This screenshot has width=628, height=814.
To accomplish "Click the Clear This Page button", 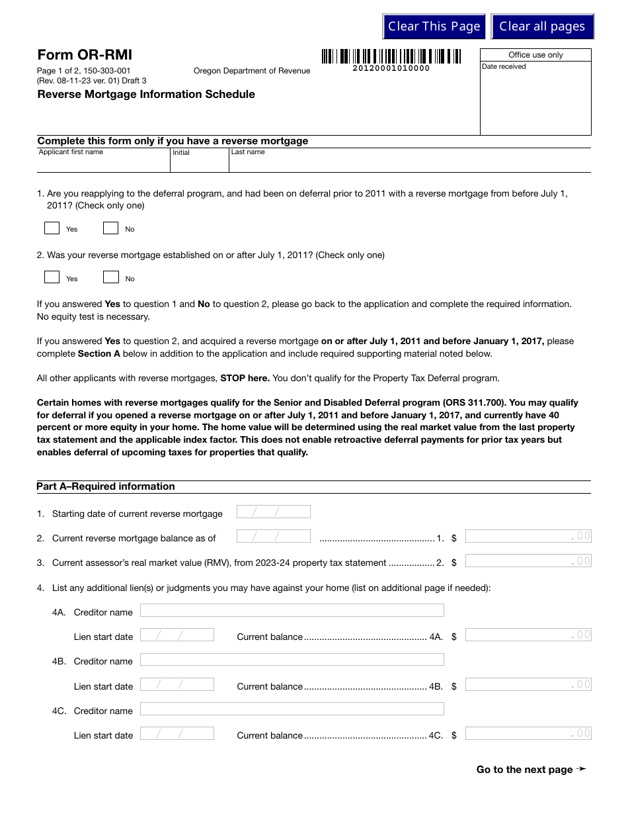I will pyautogui.click(x=434, y=26).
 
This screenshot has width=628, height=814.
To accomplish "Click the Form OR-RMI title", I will pyautogui.click(x=85, y=55).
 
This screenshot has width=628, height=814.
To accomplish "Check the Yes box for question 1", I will pyautogui.click(x=52, y=228).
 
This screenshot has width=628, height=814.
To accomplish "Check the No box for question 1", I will pyautogui.click(x=111, y=228).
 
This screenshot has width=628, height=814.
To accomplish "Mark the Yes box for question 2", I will pyautogui.click(x=52, y=278).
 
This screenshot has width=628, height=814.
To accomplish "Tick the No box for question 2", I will pyautogui.click(x=111, y=278).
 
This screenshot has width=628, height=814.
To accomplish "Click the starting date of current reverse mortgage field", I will pyautogui.click(x=273, y=512).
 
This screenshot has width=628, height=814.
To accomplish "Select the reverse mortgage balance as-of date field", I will pyautogui.click(x=273, y=537).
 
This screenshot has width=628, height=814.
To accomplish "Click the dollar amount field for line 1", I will pyautogui.click(x=528, y=537).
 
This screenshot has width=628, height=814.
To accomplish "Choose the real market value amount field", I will pyautogui.click(x=528, y=561).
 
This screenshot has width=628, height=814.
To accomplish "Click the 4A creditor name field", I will pyautogui.click(x=292, y=611).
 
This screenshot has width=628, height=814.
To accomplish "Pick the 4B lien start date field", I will pyautogui.click(x=177, y=684).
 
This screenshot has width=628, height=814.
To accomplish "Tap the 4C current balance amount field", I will pyautogui.click(x=528, y=733).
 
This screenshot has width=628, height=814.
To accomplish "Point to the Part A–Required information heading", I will pyautogui.click(x=106, y=486).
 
